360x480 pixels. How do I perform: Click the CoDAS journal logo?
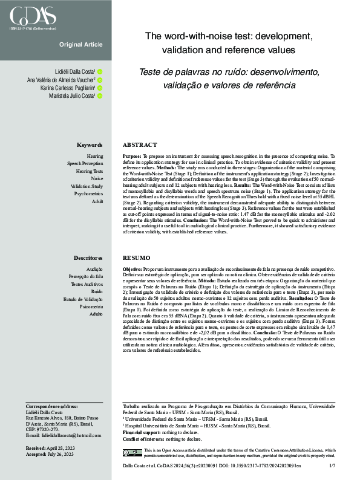(31, 15)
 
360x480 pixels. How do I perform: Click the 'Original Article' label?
(81, 45)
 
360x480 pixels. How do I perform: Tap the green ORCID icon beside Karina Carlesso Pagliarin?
(100, 88)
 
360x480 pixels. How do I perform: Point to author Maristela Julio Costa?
(72, 96)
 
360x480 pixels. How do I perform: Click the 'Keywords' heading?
(90, 145)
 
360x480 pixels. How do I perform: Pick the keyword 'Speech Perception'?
(85, 164)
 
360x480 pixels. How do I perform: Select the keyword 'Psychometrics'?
(88, 194)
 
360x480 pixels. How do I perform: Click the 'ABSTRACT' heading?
(139, 145)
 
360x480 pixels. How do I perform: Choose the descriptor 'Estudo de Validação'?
(83, 299)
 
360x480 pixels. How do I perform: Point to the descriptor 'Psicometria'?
(90, 306)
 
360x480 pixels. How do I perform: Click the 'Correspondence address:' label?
(51, 406)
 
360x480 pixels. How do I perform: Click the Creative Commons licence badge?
(132, 453)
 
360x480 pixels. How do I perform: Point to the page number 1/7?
(332, 466)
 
